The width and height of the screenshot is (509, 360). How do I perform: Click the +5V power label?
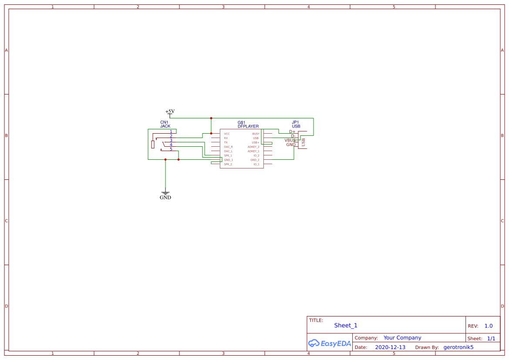[x=170, y=111]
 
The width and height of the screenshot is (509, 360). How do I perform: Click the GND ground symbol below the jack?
[x=165, y=194]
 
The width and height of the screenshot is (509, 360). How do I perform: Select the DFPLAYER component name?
[x=248, y=126]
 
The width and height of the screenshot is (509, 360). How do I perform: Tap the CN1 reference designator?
[x=164, y=122]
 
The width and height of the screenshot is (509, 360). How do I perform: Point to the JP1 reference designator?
[x=295, y=122]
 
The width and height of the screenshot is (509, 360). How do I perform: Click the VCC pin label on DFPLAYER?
[x=227, y=134]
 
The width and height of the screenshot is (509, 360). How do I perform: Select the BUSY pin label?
[x=256, y=134]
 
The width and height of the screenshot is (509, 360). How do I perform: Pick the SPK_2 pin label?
[x=228, y=164]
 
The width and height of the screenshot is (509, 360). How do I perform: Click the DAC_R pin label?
[x=229, y=147]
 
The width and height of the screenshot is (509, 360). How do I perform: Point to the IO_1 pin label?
[x=256, y=164]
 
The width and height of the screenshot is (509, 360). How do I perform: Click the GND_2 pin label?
[x=255, y=160]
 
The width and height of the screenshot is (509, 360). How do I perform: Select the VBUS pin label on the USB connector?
[x=290, y=140]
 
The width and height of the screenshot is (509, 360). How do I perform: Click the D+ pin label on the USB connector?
[x=292, y=131]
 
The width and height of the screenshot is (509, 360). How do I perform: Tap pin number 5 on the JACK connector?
[x=171, y=149]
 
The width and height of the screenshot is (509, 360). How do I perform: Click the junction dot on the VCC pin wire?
[x=211, y=133]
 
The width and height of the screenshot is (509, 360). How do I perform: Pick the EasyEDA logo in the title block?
[x=329, y=343]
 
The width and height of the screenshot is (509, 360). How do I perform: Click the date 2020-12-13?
[x=390, y=347]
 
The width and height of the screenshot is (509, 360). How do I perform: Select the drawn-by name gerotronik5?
[x=458, y=347]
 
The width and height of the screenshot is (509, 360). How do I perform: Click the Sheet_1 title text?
[x=346, y=326]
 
